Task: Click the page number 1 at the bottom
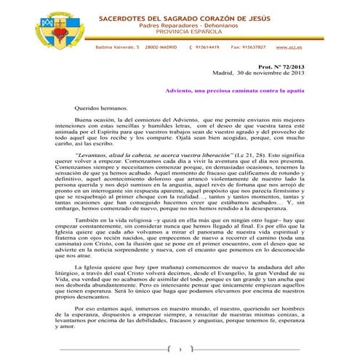click(x=180, y=350)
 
